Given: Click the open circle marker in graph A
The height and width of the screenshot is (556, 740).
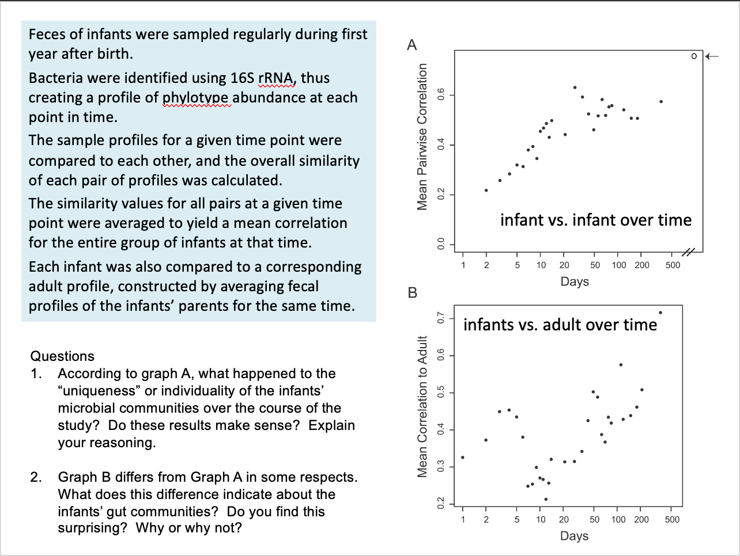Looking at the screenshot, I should point(694,56).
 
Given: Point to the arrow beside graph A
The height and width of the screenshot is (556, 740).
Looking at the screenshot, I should point(712,56).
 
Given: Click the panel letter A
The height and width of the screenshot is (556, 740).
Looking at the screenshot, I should point(411,45).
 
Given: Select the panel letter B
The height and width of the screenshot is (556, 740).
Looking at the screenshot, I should point(412,292).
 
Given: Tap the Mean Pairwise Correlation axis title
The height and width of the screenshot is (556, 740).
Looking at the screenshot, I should point(422,136).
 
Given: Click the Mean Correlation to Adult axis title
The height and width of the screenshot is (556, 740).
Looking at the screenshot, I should point(422,406).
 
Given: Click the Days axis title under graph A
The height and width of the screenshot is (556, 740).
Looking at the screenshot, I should point(575,281).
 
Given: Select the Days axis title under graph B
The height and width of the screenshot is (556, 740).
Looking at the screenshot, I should point(575,536).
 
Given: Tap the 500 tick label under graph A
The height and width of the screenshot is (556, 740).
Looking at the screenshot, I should point(673,265).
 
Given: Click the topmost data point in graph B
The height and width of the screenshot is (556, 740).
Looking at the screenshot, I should point(660,313).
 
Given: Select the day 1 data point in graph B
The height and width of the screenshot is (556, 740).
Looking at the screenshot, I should point(463,458).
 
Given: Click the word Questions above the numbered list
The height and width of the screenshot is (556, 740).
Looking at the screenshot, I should point(62,356).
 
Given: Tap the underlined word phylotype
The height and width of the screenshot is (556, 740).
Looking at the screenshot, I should point(196,98).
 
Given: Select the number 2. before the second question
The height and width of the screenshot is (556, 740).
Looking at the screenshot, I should point(36,477).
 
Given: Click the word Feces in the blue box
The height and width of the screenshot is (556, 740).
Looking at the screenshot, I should point(47,35).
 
